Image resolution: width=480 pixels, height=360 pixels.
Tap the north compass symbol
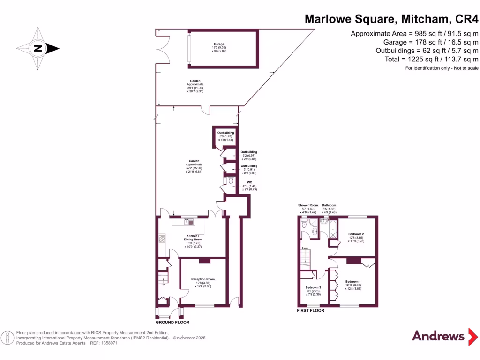[x=38, y=48]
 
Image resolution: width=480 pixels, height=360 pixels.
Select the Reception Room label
[x=203, y=279]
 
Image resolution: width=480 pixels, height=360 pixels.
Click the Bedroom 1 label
[x=353, y=282]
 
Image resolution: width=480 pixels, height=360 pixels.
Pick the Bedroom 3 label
[x=313, y=287]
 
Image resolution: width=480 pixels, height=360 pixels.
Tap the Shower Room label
[x=308, y=205]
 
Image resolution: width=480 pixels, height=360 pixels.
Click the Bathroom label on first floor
[x=329, y=205]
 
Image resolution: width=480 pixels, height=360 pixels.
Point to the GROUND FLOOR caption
[x=172, y=322]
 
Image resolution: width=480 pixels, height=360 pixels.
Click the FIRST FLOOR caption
[x=311, y=310]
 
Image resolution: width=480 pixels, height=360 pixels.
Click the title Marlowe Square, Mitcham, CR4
[x=391, y=19]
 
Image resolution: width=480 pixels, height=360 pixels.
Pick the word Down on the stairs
[x=305, y=248]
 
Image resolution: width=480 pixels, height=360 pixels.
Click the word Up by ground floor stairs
[x=163, y=284]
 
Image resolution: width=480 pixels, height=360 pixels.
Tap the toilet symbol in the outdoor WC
[x=231, y=180]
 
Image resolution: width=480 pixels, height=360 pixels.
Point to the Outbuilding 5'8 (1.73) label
[x=225, y=133]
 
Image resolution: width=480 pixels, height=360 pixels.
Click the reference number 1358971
[x=107, y=343]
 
